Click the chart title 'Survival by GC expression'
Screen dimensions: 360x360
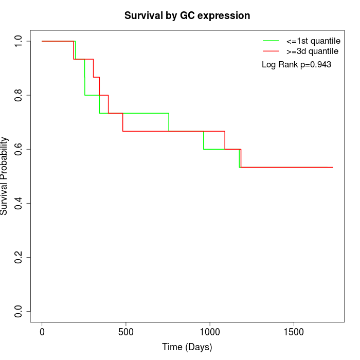187,16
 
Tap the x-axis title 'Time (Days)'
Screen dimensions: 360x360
187,347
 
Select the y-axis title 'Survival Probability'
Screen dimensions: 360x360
5,176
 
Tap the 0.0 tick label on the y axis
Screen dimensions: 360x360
19,311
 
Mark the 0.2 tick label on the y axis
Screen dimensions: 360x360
19,257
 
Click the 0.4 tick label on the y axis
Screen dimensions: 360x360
19,203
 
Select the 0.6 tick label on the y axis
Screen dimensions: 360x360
19,149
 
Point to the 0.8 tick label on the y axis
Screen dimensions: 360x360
19,95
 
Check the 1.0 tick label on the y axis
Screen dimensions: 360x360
19,41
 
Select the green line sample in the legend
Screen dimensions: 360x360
271,40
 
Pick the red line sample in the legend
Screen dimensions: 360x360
271,51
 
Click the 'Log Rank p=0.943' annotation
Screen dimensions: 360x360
296,65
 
